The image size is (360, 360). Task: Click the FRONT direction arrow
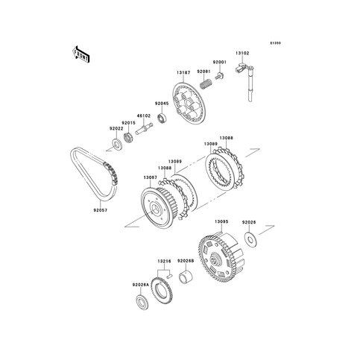click(81, 54)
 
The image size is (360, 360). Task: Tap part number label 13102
click(242, 53)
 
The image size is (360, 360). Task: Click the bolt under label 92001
click(219, 76)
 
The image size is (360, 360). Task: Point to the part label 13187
click(183, 72)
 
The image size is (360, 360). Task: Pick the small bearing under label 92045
click(162, 117)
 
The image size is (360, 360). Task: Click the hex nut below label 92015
click(128, 138)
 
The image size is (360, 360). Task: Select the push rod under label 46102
click(144, 129)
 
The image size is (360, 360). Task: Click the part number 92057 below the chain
click(101, 210)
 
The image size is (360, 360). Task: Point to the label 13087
click(150, 177)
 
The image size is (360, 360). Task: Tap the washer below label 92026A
click(142, 303)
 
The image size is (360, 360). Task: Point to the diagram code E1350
click(276, 43)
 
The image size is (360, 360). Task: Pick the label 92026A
click(141, 285)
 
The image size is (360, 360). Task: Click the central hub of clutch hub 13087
click(154, 209)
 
